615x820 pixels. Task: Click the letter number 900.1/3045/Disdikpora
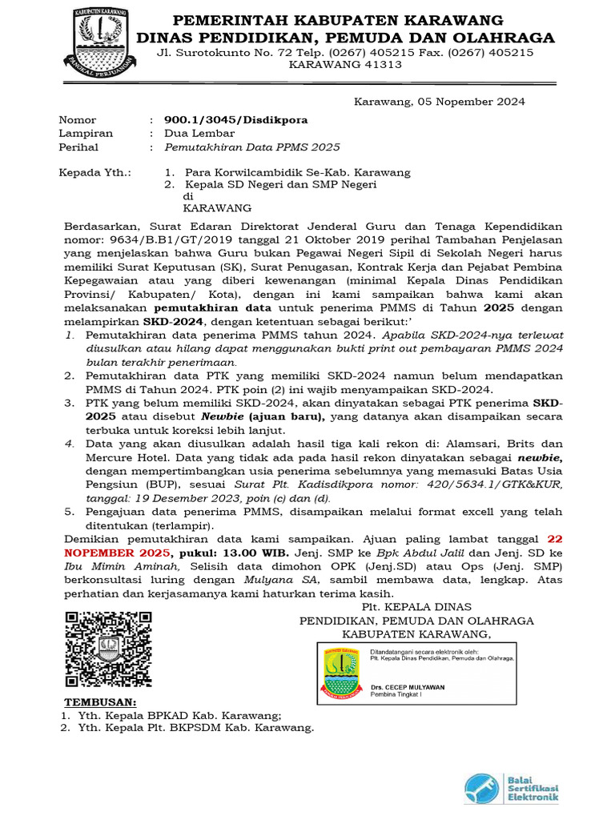(235, 120)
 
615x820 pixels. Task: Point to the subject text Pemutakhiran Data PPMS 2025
(251, 147)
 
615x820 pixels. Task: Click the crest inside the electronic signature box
(344, 673)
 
